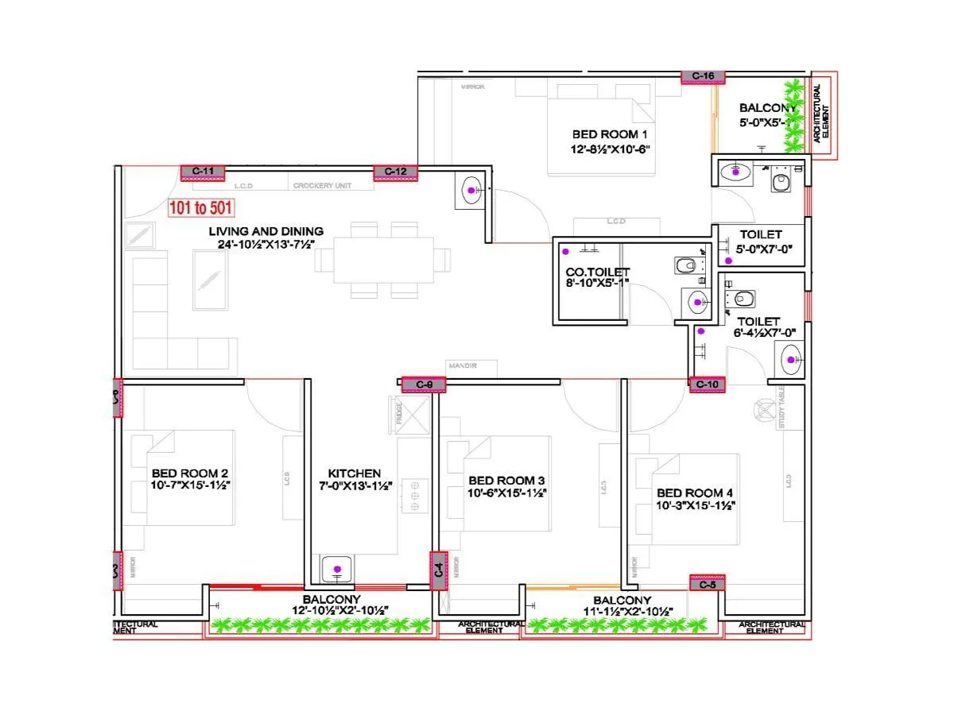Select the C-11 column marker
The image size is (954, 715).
coord(203,171)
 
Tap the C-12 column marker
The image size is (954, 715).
coord(395,172)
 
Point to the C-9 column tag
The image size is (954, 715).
coord(424,385)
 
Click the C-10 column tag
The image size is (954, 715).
coord(707,385)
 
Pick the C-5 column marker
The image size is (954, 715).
coord(707,584)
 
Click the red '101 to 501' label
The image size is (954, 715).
coord(201,208)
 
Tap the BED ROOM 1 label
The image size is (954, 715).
coord(610,134)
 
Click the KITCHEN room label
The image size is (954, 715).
coord(355,473)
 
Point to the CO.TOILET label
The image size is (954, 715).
coord(597,272)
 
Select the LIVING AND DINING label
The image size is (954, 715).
coord(266,231)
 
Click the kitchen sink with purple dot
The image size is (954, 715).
coord(337,569)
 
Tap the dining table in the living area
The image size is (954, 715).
coord(384,260)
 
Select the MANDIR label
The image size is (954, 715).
coord(462,365)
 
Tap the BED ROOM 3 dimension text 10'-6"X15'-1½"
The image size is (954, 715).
coord(507,493)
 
